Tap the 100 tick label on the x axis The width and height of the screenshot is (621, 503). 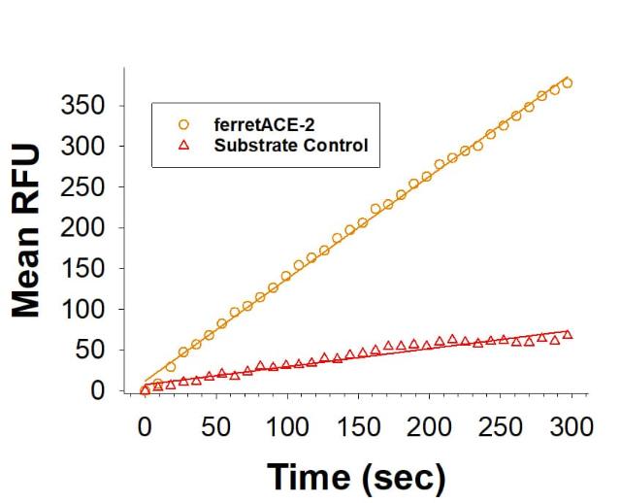point(287,426)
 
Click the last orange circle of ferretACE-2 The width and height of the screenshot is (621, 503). point(568,84)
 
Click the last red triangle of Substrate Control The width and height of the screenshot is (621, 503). point(568,334)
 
